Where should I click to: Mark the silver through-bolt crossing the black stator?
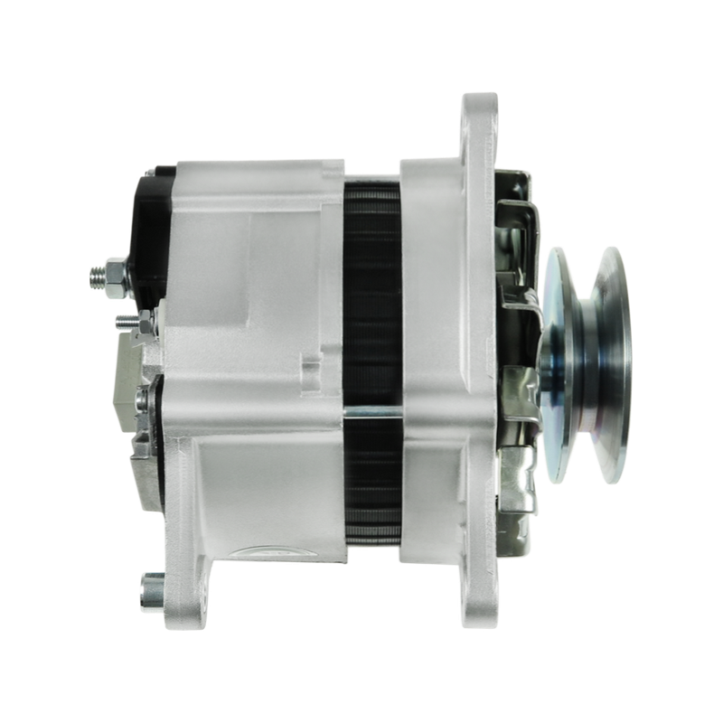371,414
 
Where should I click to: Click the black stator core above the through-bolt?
371,289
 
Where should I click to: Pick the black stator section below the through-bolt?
371,488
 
